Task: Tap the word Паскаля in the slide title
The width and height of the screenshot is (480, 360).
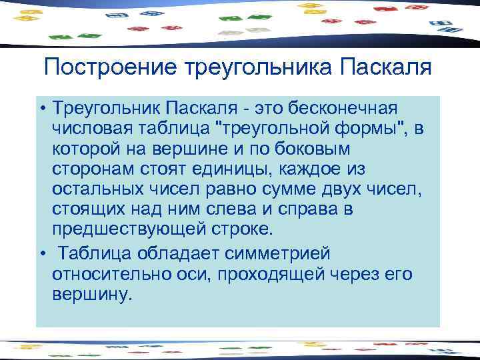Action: point(384,67)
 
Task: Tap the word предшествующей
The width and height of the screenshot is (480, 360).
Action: point(131,229)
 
